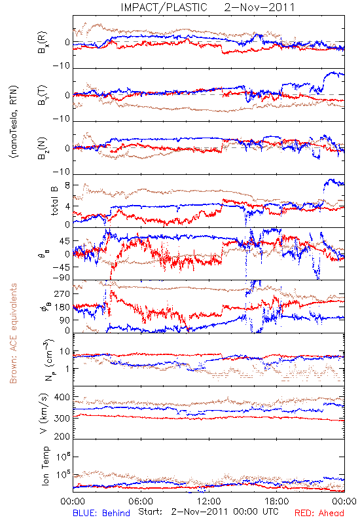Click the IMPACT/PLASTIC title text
point(164,7)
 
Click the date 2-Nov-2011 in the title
point(259,7)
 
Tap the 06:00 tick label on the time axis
point(141,501)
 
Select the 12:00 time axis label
point(209,501)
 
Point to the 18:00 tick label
point(277,501)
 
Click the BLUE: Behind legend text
point(101,513)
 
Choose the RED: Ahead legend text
point(319,513)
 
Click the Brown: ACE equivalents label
point(13,333)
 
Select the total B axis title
point(54,200)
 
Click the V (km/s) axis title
point(44,413)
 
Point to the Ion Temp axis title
point(45,466)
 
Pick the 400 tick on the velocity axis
point(62,397)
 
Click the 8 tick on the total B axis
point(67,185)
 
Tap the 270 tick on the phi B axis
point(62,293)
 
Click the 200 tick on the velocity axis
point(62,436)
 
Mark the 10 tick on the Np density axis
point(65,351)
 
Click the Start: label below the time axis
point(151,512)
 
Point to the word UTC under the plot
point(269,512)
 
